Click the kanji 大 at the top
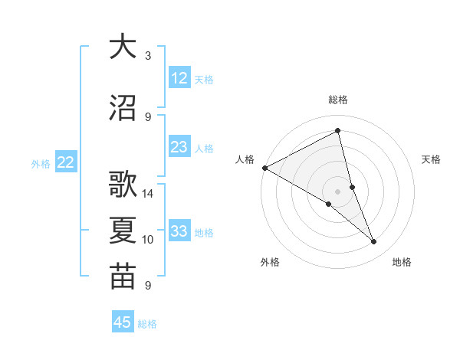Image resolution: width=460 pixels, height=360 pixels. [x=123, y=47]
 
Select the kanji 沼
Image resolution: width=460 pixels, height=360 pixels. [x=123, y=108]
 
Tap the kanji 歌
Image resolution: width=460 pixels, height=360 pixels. [x=123, y=185]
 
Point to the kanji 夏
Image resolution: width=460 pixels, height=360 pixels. [x=123, y=231]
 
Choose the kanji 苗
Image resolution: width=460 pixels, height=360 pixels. [x=123, y=277]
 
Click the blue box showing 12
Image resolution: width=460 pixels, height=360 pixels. [x=179, y=78]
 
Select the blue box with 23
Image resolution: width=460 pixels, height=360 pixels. [x=179, y=147]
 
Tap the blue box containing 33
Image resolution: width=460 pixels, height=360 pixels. [x=179, y=231]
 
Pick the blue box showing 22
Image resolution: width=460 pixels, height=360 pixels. [x=66, y=162]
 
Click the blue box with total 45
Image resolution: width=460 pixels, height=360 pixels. [x=123, y=322]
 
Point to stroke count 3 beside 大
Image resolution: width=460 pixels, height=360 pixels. [x=148, y=56]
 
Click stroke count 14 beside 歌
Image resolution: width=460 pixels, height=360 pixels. [x=148, y=194]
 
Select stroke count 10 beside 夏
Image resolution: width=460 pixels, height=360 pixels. [x=148, y=240]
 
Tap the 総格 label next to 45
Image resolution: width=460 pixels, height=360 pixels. [x=147, y=324]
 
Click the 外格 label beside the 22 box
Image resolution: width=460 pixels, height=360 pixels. [x=41, y=163]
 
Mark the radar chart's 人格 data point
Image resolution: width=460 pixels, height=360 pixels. [x=264, y=168]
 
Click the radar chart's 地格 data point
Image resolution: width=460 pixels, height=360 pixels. [x=374, y=242]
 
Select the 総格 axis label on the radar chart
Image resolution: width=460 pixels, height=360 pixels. [x=338, y=100]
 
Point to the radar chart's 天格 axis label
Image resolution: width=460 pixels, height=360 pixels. [x=432, y=159]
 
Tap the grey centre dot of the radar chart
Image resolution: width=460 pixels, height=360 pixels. [x=337, y=191]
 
